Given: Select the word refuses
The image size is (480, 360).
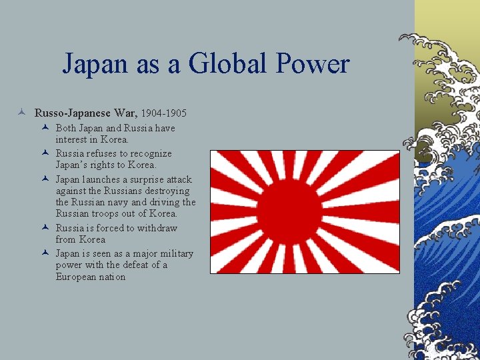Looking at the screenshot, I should [x=100, y=153].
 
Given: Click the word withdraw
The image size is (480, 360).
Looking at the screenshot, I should [x=159, y=228].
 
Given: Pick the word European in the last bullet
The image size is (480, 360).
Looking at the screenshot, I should [x=78, y=277].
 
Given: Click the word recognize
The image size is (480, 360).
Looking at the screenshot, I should [x=149, y=153].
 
